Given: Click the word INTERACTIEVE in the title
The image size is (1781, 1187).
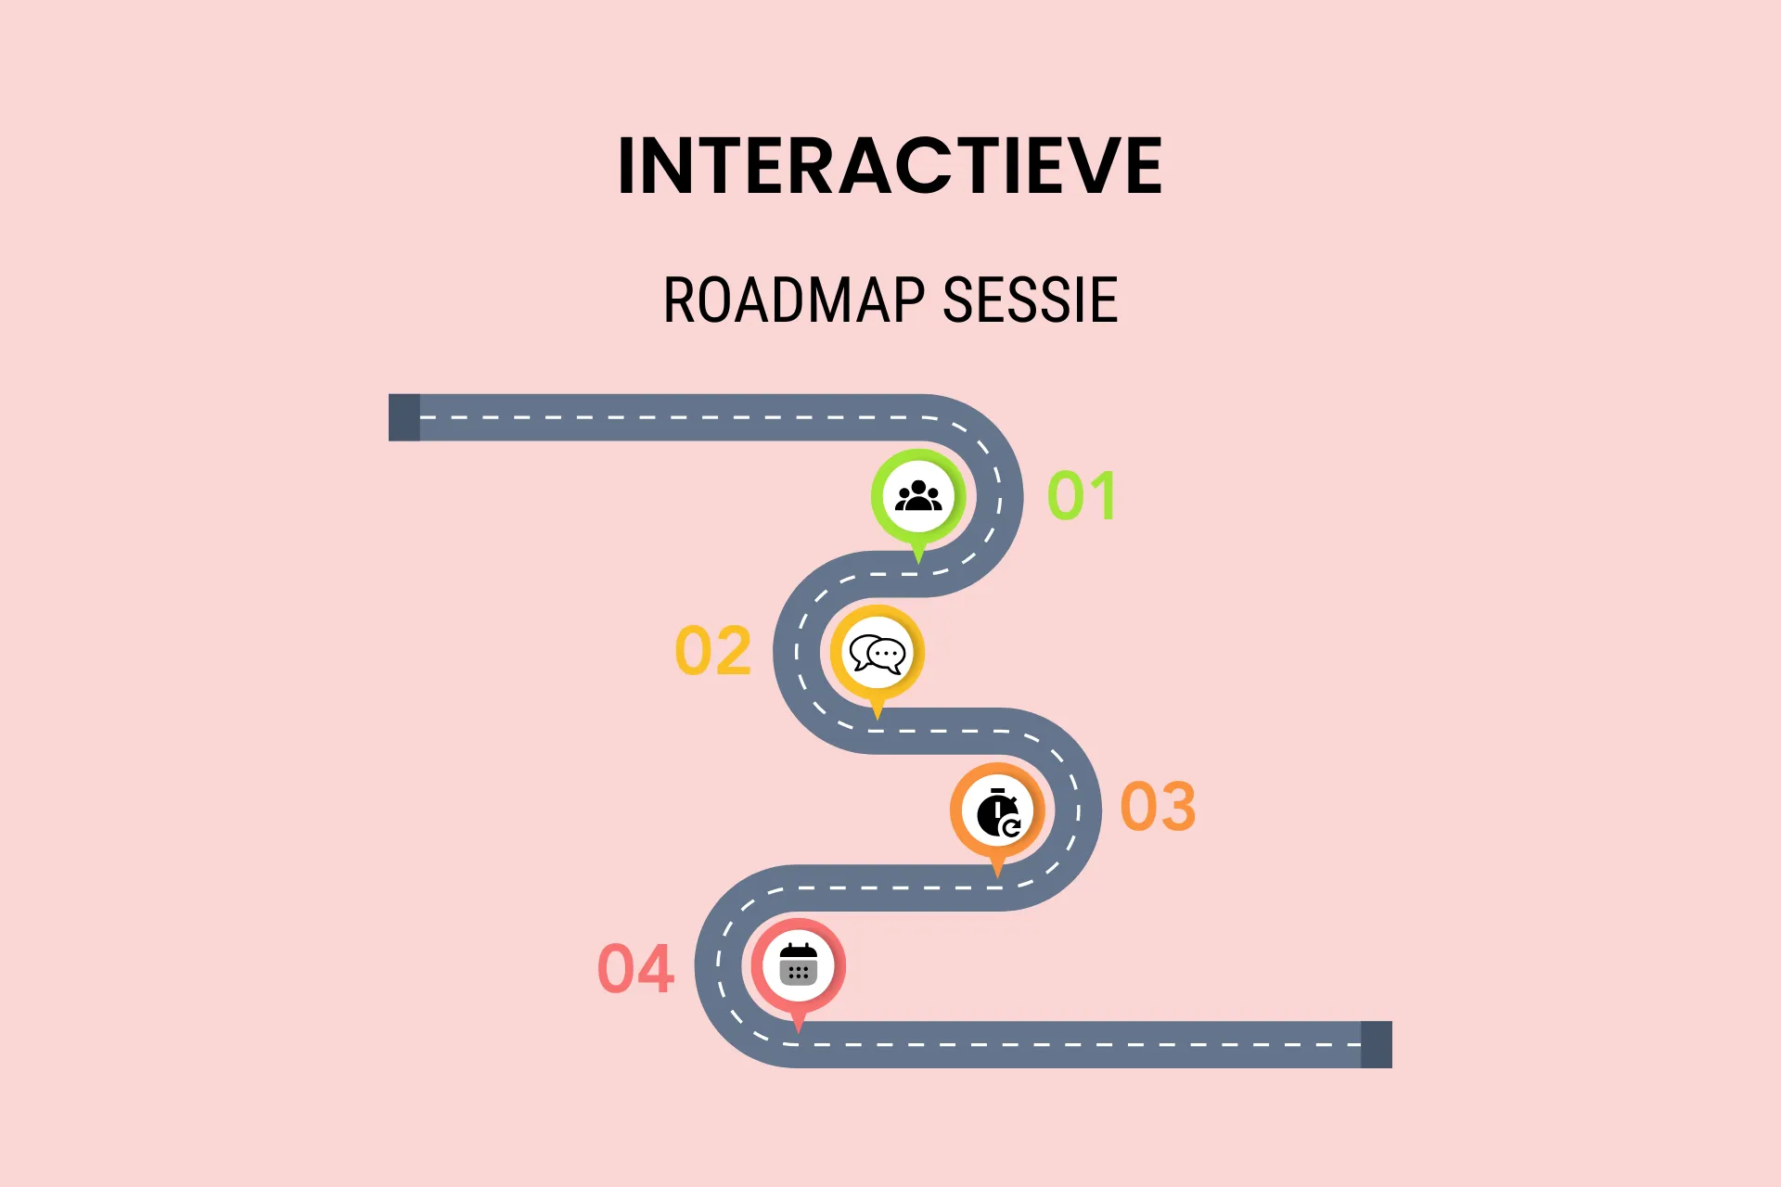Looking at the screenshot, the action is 890,165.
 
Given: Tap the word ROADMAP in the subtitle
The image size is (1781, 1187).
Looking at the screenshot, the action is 794,300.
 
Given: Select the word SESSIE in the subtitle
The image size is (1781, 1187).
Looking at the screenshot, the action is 1030,300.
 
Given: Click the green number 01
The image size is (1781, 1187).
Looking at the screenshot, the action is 1081,496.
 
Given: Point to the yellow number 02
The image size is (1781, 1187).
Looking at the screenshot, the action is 712,651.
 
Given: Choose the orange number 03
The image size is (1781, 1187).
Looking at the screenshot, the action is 1158,806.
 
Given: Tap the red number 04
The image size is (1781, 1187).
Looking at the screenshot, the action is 635,969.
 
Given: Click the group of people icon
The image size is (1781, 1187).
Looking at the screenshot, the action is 918,496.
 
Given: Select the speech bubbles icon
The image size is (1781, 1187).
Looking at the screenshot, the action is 878,654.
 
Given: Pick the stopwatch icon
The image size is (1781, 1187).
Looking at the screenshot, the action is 998,812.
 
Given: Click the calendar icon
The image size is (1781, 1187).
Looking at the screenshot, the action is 799,964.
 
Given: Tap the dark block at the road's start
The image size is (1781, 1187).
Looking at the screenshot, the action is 404,417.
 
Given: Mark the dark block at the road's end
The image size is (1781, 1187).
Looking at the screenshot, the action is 1377,1044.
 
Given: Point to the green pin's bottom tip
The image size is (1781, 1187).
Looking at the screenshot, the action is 918,564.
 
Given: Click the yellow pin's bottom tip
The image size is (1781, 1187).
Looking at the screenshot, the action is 878,720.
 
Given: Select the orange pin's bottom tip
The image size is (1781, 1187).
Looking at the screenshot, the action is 997,877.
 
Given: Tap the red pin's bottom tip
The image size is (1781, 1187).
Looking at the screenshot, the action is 799,1032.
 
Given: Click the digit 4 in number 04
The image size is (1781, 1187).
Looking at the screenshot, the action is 656,969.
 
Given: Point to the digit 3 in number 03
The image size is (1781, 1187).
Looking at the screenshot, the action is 1178,806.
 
